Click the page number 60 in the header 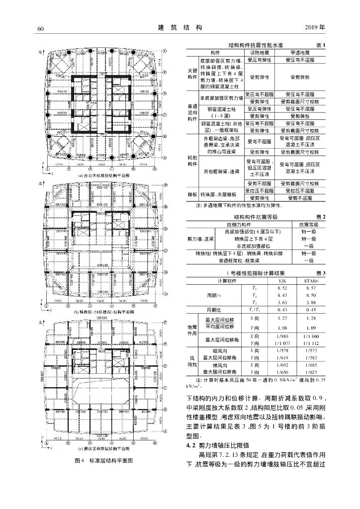coord(41,27)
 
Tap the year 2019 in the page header coord(314,27)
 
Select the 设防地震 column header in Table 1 coord(260,52)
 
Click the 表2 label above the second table coord(321,217)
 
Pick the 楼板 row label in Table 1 coord(192,194)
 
